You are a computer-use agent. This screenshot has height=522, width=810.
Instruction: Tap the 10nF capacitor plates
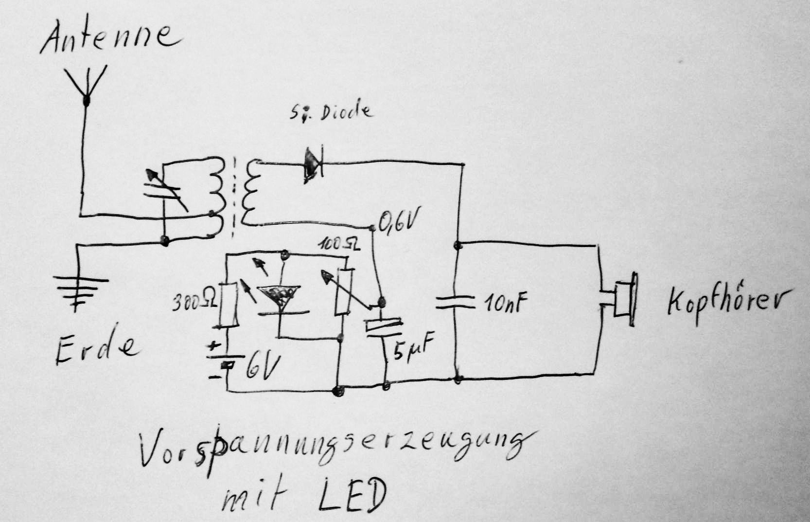tap(456, 303)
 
